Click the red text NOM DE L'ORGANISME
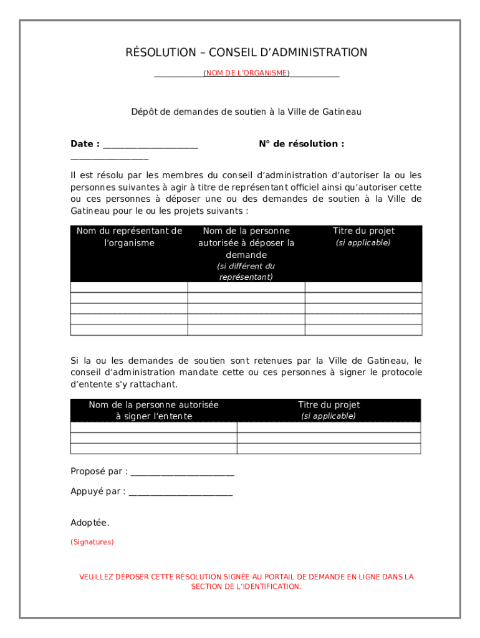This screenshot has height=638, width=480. pos(246,74)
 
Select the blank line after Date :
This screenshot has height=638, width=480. pos(150,146)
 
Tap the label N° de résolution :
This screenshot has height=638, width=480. pos(301,144)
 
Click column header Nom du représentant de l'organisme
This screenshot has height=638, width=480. pos(129,237)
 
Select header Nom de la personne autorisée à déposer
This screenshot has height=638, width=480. pos(246,243)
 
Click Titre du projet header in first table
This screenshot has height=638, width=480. pos(363,231)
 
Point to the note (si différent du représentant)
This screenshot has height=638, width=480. pos(246,272)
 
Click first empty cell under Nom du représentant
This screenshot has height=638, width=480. pos(129,287)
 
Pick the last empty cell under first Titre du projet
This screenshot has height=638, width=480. pos(363,330)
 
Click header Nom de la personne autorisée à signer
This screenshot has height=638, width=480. pos(154,411)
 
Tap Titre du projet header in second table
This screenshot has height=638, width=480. pos(329,405)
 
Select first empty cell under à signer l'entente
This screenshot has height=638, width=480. pos(154,427)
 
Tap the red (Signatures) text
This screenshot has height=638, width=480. pos(92,542)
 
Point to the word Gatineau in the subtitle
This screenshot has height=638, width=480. pos(342,112)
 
